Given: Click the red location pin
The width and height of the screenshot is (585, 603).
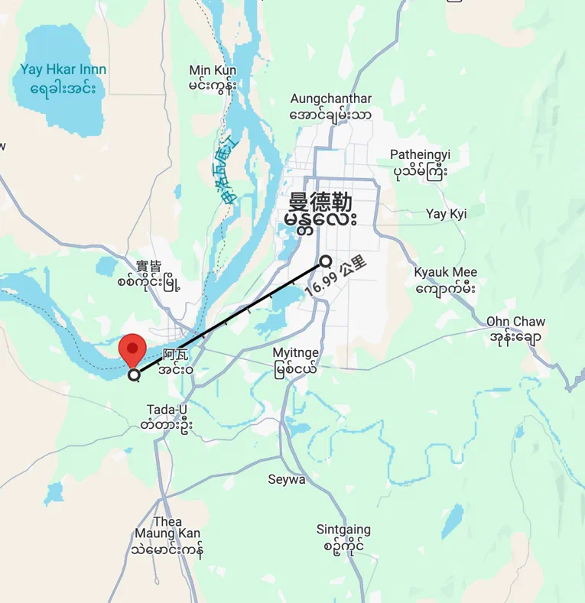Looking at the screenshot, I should pyautogui.click(x=134, y=351).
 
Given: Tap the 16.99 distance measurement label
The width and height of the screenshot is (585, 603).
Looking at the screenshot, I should pyautogui.click(x=335, y=277).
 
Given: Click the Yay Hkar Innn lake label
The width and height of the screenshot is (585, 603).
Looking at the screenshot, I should pyautogui.click(x=63, y=70).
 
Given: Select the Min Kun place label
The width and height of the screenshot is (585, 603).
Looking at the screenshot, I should pyautogui.click(x=213, y=71).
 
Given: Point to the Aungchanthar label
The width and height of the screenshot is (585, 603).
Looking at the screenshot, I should pyautogui.click(x=331, y=99).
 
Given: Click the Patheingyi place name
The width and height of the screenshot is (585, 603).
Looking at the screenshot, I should pyautogui.click(x=420, y=155).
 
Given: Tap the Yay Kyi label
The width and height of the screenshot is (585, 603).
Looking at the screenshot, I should pyautogui.click(x=446, y=214).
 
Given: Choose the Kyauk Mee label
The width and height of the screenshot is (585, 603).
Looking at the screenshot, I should pyautogui.click(x=445, y=273).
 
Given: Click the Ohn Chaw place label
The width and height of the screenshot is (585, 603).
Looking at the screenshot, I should pyautogui.click(x=515, y=322).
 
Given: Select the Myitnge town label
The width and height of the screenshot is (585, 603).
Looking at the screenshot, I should pyautogui.click(x=296, y=353).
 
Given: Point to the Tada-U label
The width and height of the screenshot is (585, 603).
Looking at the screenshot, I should pyautogui.click(x=167, y=410).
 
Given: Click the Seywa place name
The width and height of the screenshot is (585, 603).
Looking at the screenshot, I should pyautogui.click(x=287, y=480).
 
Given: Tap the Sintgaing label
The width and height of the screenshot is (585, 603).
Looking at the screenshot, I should pyautogui.click(x=343, y=530).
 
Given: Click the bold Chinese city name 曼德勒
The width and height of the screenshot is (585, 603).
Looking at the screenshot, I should pyautogui.click(x=320, y=202).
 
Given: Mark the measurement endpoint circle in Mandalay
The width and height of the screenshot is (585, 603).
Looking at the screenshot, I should pyautogui.click(x=325, y=261).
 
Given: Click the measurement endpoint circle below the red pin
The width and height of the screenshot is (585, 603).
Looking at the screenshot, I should pyautogui.click(x=135, y=374).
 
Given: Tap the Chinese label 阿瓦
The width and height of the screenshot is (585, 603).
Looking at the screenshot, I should pyautogui.click(x=175, y=354).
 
